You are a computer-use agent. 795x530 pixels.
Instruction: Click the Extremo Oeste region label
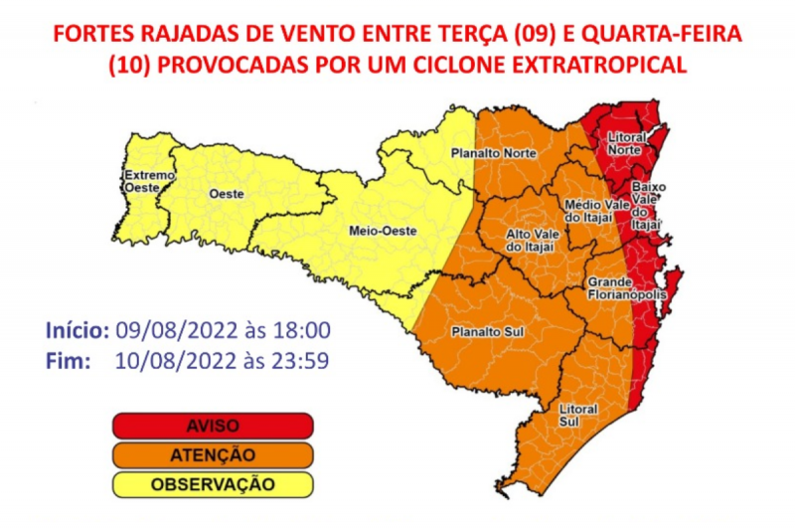tap(148, 180)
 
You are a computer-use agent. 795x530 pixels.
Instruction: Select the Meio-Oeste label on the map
tap(383, 231)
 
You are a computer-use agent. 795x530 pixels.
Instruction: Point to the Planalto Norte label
tap(494, 154)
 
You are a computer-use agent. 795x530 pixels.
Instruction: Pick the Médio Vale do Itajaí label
tap(587, 210)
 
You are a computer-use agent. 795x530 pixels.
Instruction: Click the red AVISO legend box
tap(213, 426)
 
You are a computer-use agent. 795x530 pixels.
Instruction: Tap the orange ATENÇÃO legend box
tap(213, 455)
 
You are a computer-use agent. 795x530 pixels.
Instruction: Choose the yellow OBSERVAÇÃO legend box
tap(213, 484)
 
